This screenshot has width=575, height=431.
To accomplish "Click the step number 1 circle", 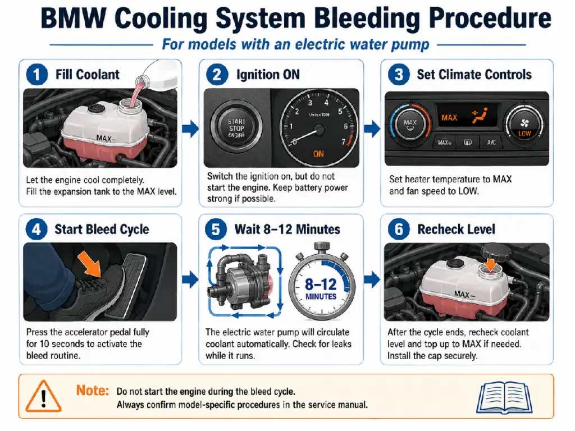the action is pos(36,75).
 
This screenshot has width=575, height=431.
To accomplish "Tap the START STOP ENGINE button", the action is pos(236,128).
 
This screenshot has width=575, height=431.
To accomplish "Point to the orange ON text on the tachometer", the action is pos(318,154).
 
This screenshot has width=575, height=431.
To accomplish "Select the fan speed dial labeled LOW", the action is pos(524,125).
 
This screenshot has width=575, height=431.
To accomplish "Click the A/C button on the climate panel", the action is pos(491,142).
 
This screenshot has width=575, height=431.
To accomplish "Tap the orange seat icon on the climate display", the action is pos(480,115).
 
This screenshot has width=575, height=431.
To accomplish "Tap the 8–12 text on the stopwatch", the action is pos(320,285).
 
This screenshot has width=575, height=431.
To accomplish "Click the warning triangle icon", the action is pos(43,397).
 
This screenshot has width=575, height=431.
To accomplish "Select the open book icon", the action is pos(504,397).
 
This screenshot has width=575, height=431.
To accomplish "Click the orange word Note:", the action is pos(93,391).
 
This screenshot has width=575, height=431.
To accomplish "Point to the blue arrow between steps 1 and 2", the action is pos(190,129).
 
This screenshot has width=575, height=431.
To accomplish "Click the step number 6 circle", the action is pos(399,230).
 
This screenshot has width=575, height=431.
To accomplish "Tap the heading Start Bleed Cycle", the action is pos(102,230).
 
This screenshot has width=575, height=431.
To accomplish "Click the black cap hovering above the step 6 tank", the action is pos(496,252).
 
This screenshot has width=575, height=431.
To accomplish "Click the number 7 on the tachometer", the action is pos(343,141).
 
